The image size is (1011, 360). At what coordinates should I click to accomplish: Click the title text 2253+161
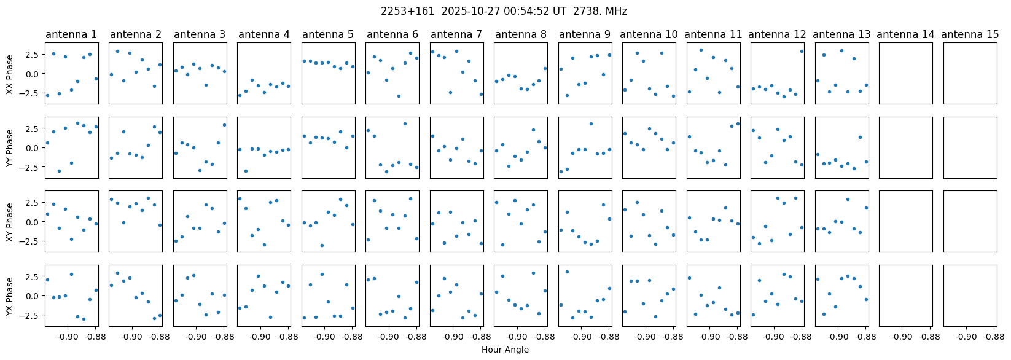pyautogui.click(x=402, y=11)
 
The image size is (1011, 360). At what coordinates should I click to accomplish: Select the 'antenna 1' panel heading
pyautogui.click(x=71, y=34)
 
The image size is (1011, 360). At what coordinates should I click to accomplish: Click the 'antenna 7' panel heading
pyautogui.click(x=456, y=34)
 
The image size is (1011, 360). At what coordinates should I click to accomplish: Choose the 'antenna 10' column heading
pyautogui.click(x=649, y=34)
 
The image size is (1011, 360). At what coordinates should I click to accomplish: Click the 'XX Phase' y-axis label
pyautogui.click(x=10, y=74)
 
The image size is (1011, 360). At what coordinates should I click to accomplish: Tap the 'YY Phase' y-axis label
pyautogui.click(x=10, y=147)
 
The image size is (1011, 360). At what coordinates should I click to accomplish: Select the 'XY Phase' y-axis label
pyautogui.click(x=10, y=222)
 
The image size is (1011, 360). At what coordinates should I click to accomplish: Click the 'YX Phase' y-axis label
pyautogui.click(x=10, y=296)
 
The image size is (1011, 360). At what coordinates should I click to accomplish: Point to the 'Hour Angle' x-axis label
pyautogui.click(x=505, y=350)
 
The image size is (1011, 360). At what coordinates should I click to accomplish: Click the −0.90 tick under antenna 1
pyautogui.click(x=68, y=337)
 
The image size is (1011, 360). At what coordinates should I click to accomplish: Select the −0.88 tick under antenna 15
pyautogui.click(x=994, y=337)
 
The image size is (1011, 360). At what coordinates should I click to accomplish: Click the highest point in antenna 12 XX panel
pyautogui.click(x=802, y=51)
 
